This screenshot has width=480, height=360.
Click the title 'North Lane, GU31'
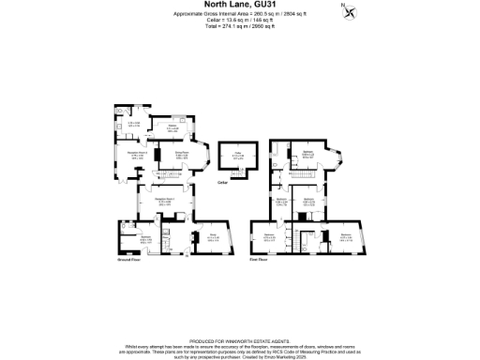coord(239,5)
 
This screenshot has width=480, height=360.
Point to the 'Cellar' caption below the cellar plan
coord(222,182)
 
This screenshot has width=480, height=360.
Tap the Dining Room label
coord(182,156)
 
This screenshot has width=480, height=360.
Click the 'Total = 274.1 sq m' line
coord(240,27)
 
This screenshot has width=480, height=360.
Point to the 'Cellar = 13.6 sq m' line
coord(240,22)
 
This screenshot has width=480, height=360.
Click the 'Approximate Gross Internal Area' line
coord(240,16)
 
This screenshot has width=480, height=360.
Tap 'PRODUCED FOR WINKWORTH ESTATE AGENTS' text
coord(240,316)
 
